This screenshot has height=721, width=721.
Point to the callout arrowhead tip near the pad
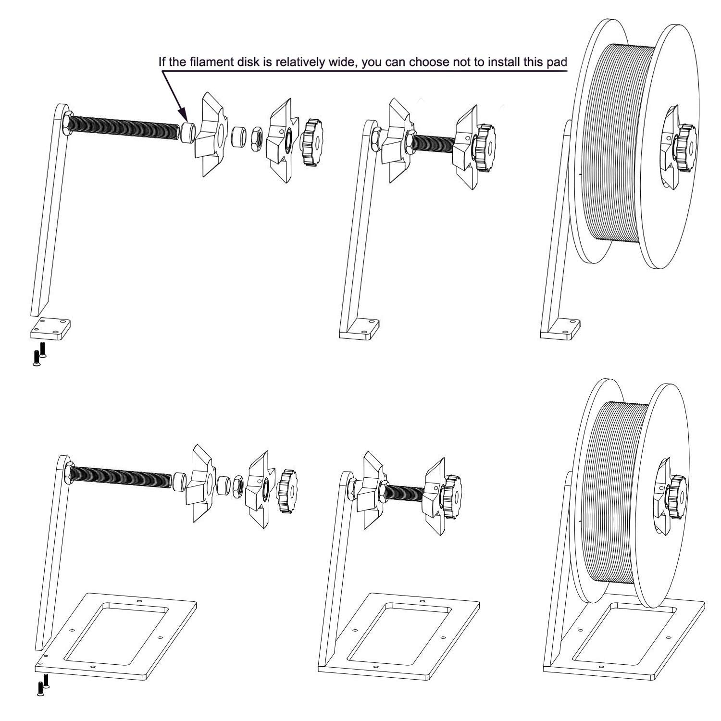point(186,121)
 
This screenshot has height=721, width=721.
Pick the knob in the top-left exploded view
point(312,142)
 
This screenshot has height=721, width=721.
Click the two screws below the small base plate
point(39,355)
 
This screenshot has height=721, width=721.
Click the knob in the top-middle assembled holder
point(485,145)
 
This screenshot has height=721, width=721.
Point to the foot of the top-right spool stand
point(561,328)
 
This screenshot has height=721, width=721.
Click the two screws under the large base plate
point(43,685)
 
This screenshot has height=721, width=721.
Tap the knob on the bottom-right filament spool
point(676,497)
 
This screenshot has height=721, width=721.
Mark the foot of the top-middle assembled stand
point(360,328)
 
